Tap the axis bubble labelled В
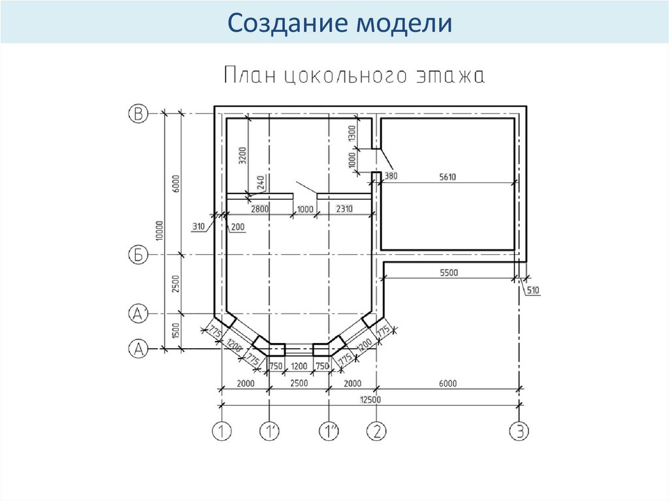138,114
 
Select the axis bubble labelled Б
138,255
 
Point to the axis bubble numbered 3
520,431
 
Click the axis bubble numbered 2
377,431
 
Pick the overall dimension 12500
370,400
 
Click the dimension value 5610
448,176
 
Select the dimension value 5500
448,272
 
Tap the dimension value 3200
242,155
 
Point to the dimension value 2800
260,209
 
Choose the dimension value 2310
344,209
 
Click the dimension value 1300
351,133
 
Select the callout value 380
391,176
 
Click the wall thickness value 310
199,227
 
